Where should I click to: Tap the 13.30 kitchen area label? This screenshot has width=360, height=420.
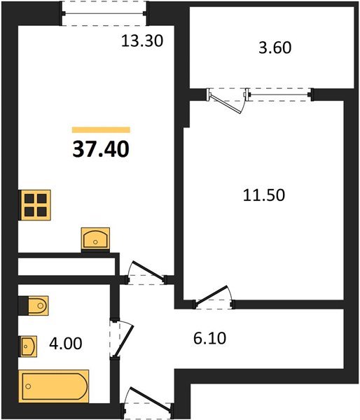[x=143, y=41]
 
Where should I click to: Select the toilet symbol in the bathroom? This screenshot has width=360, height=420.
[x=34, y=305]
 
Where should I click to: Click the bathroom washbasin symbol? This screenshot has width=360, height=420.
[x=29, y=345]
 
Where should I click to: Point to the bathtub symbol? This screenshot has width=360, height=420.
[x=54, y=386]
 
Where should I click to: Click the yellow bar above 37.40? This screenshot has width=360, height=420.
[x=101, y=129]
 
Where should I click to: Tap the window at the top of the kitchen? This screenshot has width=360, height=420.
[x=105, y=13]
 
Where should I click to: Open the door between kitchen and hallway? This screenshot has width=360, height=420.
[x=146, y=274]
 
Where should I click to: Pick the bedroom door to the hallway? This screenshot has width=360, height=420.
[x=214, y=297]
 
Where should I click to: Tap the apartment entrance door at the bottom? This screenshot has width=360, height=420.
[x=146, y=404]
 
